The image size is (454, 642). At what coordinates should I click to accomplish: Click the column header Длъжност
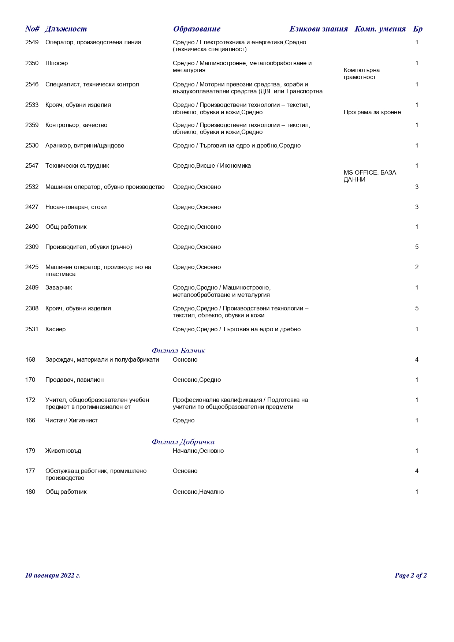[66, 29]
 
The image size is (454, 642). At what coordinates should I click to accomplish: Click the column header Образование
[197, 29]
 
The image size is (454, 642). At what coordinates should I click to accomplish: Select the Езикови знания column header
[318, 29]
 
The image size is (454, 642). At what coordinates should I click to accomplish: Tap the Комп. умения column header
[380, 29]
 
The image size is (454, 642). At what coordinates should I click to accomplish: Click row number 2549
[32, 42]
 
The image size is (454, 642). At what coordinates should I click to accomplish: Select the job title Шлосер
[56, 63]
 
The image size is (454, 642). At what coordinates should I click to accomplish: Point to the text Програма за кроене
[372, 112]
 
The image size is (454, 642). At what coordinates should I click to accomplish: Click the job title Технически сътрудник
[77, 166]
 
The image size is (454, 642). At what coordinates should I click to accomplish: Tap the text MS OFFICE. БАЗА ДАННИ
[370, 176]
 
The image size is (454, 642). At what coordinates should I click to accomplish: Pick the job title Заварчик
[59, 288]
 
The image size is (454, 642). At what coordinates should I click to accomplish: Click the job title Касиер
[55, 329]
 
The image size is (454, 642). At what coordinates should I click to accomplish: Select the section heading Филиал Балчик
[178, 351]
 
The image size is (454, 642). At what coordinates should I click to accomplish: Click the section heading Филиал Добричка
[183, 442]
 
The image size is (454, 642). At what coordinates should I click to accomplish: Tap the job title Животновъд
[63, 451]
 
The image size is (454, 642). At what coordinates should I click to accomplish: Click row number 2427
[32, 207]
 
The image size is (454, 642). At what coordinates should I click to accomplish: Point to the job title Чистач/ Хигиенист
[71, 421]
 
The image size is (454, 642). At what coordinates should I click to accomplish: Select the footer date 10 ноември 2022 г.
[52, 575]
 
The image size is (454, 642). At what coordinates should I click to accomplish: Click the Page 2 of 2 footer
[410, 575]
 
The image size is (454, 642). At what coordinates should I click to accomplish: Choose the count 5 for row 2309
[417, 247]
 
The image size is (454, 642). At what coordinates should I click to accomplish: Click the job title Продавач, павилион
[74, 380]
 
